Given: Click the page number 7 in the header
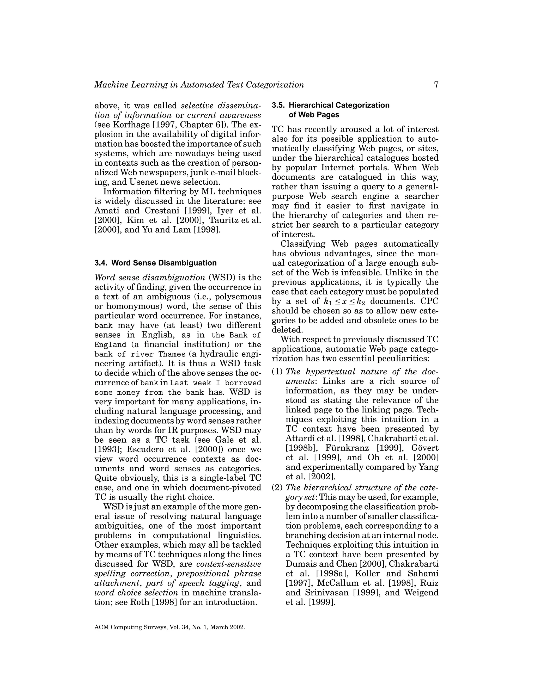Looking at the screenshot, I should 436,85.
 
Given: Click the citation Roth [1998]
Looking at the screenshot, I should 153,602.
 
